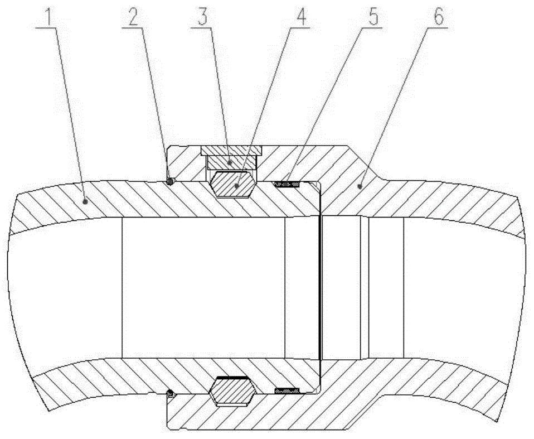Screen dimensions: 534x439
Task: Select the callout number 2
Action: (133, 18)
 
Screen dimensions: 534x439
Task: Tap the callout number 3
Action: (203, 18)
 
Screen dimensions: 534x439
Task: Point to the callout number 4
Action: (300, 18)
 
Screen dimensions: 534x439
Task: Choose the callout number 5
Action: (373, 18)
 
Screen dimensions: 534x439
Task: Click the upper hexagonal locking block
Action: (232, 184)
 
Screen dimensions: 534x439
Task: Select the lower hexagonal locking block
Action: (232, 391)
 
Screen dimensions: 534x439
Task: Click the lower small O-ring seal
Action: (171, 394)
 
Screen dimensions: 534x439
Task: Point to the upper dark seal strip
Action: (287, 185)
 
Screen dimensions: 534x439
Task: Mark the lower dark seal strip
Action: (287, 389)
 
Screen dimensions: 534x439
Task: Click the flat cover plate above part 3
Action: (231, 150)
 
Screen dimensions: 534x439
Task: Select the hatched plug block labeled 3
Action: (231, 162)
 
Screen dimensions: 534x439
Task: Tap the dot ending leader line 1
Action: (85, 202)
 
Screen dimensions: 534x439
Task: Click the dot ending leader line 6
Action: (359, 186)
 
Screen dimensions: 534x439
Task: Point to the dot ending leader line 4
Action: (236, 186)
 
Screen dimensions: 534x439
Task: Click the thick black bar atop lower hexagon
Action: (232, 378)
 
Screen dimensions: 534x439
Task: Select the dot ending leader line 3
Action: (230, 162)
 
